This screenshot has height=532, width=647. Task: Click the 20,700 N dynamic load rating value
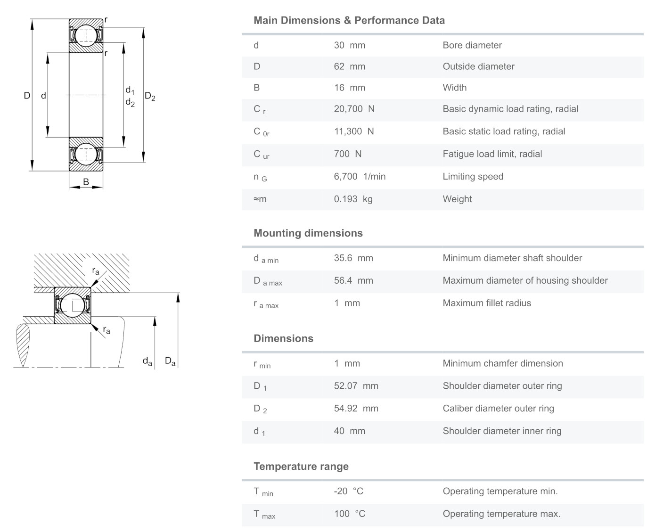coord(354,109)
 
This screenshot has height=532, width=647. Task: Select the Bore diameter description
coord(472,45)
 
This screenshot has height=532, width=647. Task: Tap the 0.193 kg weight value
coord(353,199)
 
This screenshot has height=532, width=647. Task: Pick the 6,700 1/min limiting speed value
coord(360,176)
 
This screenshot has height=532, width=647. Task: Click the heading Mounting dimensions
coord(308,233)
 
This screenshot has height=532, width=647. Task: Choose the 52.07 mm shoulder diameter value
coord(356,386)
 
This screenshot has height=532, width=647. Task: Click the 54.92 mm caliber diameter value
coord(356,409)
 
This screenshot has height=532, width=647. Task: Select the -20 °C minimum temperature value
coord(348,491)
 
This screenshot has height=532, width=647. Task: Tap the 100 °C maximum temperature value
coord(349,514)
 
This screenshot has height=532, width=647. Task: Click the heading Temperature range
coord(301,467)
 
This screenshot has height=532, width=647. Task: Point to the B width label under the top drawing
coord(86,182)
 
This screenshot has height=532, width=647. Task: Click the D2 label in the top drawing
coord(150,97)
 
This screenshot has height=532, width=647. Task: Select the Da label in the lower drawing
coord(170,361)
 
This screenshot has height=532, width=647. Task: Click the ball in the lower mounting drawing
coord(73,305)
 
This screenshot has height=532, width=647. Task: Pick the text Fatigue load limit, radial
coord(492,154)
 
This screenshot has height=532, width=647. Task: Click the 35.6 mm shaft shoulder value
coord(353,258)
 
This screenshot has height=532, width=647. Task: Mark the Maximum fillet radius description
coord(487,303)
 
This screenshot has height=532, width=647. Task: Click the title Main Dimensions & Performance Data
coord(349,20)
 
